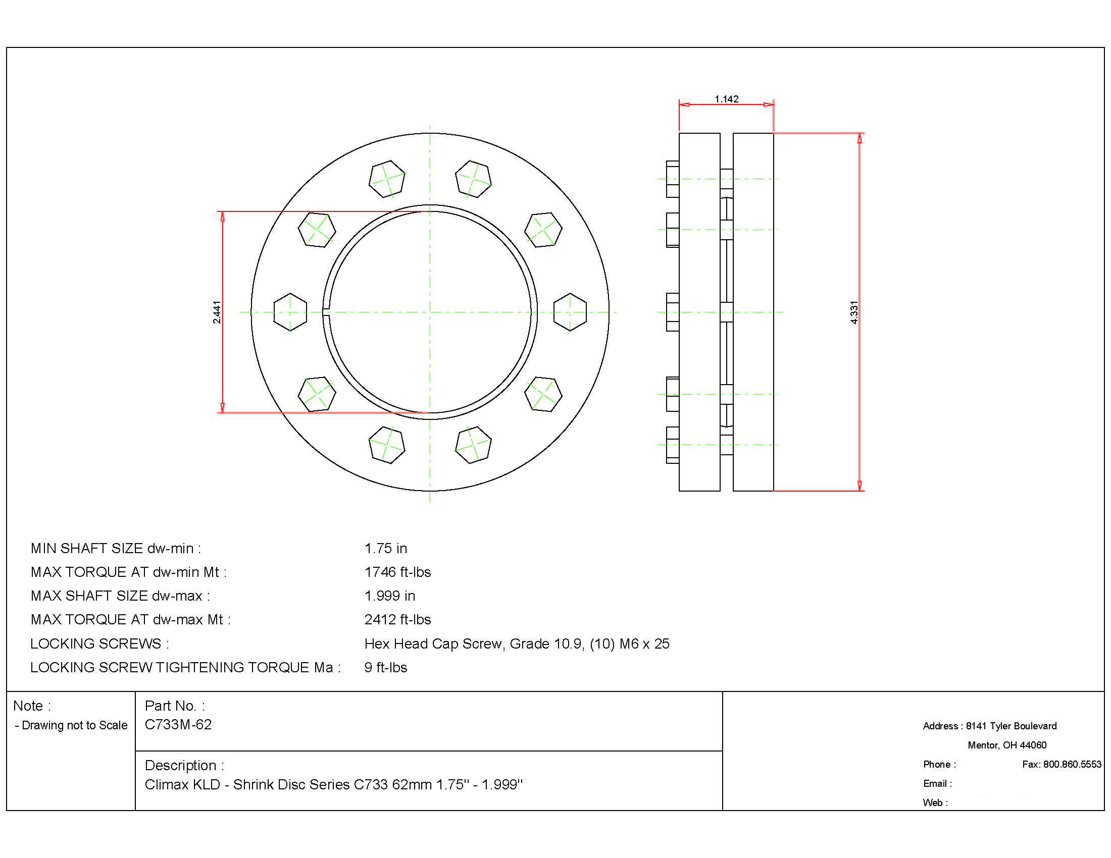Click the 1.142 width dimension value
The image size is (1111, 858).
tap(726, 99)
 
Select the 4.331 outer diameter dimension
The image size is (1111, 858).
tap(854, 312)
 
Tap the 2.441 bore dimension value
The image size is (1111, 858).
tap(217, 312)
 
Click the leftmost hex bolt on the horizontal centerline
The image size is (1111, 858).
tap(290, 312)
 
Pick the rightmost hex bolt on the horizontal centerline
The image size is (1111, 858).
tap(570, 312)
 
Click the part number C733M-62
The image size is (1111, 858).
tap(178, 724)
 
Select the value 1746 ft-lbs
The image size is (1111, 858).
tap(397, 572)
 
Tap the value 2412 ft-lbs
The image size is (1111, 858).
tap(397, 619)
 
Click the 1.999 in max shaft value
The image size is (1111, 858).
tap(390, 596)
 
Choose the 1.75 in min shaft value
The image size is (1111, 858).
tap(386, 549)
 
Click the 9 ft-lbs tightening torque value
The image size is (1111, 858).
tap(386, 667)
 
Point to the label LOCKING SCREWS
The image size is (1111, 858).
tap(99, 644)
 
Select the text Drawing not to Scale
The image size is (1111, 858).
tap(74, 725)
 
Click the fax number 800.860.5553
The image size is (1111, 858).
tap(1072, 765)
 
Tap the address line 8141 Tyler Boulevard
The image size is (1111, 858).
tap(1012, 726)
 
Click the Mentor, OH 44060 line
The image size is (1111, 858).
tap(1006, 745)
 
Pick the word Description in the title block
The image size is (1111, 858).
tap(181, 765)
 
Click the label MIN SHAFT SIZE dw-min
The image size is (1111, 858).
tap(116, 549)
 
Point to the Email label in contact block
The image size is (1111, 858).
tap(937, 783)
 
